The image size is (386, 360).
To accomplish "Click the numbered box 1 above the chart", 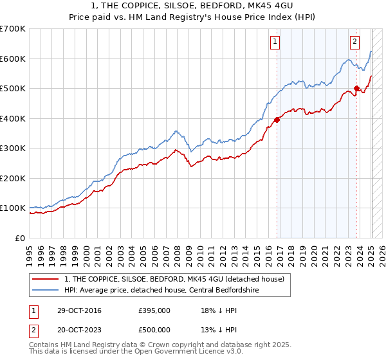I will (275, 42).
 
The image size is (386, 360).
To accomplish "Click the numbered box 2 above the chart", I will (354, 42).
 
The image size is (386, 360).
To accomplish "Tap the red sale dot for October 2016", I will (277, 120).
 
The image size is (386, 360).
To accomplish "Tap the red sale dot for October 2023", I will (357, 88).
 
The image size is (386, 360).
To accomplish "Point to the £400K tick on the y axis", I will (13, 118).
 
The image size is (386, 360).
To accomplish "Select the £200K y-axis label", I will (13, 178).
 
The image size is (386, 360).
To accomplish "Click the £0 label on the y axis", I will (21, 238).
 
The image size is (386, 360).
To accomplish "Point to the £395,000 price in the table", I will (154, 310).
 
